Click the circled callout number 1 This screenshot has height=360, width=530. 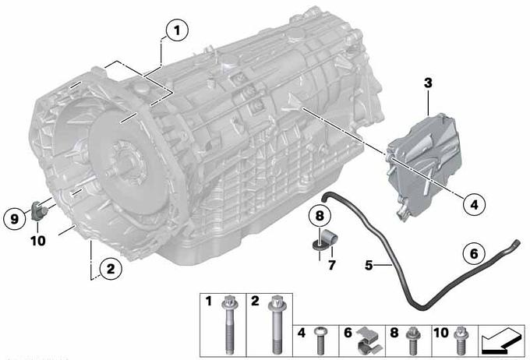tap(177, 30)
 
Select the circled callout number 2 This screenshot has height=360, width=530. tap(111, 269)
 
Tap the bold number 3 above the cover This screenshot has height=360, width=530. tap(428, 83)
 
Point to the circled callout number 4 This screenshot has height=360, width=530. tap(474, 204)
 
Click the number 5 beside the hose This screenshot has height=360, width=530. tap(369, 266)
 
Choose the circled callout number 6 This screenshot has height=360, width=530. tap(474, 253)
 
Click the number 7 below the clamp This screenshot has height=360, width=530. tap(332, 266)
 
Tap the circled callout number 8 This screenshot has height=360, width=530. tap(320, 216)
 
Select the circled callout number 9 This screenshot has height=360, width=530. tap(14, 219)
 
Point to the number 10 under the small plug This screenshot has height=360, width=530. tap(38, 241)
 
